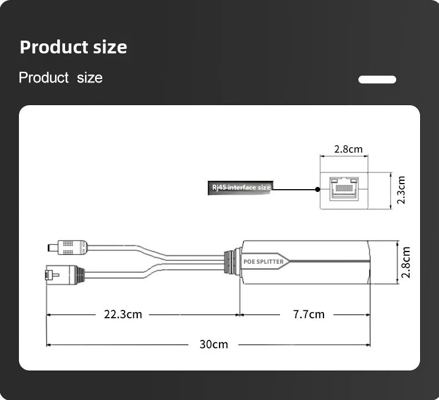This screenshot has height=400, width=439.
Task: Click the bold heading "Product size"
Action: tap(73, 47)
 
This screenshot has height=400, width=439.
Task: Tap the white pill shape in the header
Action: tap(377, 80)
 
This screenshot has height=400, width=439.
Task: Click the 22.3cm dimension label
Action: tap(123, 314)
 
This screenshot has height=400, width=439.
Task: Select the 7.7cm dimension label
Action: tap(309, 314)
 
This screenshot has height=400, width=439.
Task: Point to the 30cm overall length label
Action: tap(213, 344)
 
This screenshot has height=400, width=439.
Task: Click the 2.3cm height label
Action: tap(401, 190)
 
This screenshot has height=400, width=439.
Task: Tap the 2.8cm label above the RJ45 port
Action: tap(348, 149)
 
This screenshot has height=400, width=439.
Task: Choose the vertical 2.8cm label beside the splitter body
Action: tap(406, 263)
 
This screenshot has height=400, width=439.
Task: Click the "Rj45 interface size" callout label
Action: tap(241, 187)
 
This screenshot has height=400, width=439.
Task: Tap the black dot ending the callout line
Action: tap(317, 190)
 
